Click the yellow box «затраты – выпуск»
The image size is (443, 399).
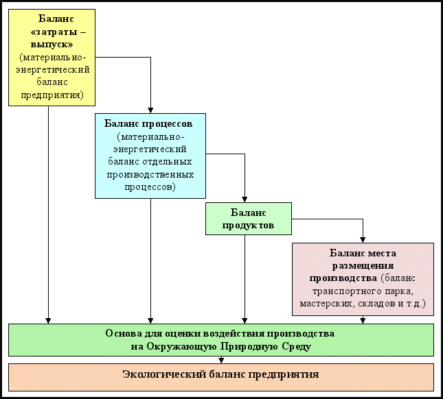(52, 58)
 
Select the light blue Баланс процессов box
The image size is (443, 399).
(150, 156)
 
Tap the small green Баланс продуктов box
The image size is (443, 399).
(248, 218)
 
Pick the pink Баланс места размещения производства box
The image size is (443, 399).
(363, 278)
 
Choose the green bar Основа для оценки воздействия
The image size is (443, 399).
(220, 339)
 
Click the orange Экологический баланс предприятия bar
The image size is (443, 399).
(220, 376)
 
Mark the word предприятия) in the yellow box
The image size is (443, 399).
(52, 95)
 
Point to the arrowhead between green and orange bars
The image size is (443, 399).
(221, 360)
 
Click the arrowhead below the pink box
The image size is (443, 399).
(363, 319)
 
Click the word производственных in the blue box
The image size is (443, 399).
(150, 173)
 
